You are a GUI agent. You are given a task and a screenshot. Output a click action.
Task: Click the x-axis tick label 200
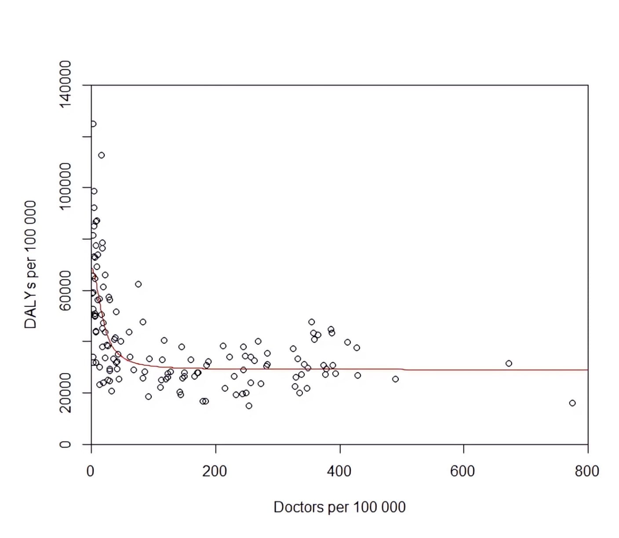click(x=215, y=471)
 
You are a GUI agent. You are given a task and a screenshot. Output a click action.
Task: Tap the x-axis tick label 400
click(x=339, y=471)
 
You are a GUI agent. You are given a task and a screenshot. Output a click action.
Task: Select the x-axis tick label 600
click(x=462, y=471)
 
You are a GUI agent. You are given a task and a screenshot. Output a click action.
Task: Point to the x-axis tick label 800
click(x=587, y=471)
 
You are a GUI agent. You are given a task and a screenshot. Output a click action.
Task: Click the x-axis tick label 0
click(x=90, y=471)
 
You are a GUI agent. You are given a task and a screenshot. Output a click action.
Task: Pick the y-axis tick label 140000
click(x=65, y=84)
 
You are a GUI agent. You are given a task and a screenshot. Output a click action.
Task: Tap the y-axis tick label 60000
click(x=65, y=291)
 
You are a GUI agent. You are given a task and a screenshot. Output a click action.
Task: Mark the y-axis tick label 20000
click(x=65, y=393)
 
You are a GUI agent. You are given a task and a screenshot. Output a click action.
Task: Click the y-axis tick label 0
click(x=65, y=444)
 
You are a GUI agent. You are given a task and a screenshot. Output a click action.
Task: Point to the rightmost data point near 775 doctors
click(x=572, y=403)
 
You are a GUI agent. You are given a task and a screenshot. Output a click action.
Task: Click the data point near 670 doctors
click(x=509, y=364)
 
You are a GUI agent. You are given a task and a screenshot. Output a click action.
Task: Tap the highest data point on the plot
click(x=93, y=124)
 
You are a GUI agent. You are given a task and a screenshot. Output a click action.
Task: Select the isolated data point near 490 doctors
click(x=395, y=379)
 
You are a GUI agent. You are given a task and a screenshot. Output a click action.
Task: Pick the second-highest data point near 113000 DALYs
click(x=102, y=155)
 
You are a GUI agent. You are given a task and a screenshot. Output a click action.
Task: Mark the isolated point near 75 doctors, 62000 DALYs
click(x=138, y=284)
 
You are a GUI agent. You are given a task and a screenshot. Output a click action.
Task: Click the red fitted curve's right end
click(x=586, y=370)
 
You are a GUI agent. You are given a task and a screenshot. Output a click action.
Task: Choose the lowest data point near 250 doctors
click(x=249, y=406)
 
